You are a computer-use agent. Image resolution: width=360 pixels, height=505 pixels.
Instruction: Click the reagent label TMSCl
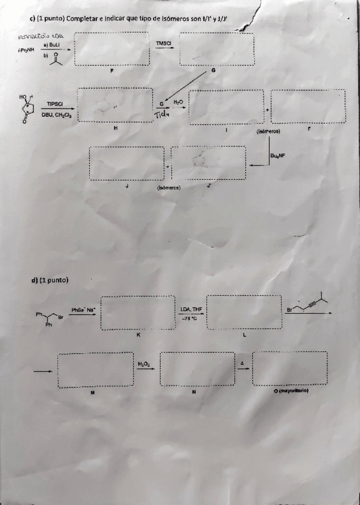164,43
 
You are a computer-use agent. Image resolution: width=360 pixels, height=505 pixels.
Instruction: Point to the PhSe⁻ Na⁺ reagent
83,310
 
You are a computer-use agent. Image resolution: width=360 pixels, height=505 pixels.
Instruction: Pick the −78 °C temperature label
189,319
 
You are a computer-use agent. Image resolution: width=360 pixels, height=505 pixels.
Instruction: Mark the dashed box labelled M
95,370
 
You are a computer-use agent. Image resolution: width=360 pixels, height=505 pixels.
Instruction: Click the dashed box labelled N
198,370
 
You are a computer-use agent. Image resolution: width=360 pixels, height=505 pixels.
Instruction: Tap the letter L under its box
245,335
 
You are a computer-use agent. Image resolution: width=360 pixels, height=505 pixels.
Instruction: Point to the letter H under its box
115,127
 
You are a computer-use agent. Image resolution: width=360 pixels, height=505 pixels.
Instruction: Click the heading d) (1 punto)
50,279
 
